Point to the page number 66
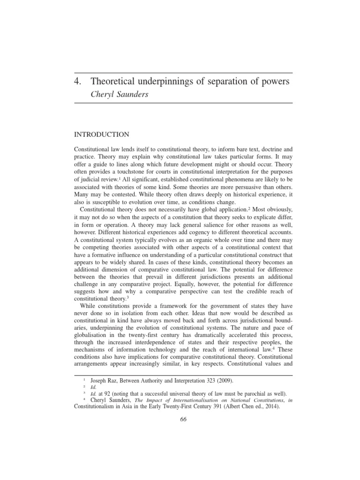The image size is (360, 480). (x=183, y=419)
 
